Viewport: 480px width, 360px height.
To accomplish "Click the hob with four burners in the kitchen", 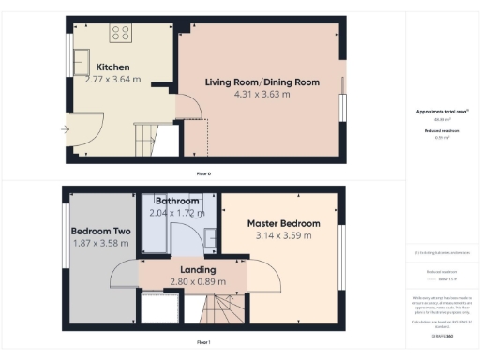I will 121,33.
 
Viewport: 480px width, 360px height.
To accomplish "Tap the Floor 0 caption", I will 202,174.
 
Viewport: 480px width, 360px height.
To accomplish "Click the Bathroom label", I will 177,202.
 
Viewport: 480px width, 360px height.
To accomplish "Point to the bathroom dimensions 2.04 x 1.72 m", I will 176,213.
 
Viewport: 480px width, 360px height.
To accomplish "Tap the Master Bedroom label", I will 283,224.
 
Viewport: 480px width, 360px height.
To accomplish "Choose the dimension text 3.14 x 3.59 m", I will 283,236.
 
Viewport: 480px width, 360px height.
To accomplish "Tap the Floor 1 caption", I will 202,343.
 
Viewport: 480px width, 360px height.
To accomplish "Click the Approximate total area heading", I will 442,112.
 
